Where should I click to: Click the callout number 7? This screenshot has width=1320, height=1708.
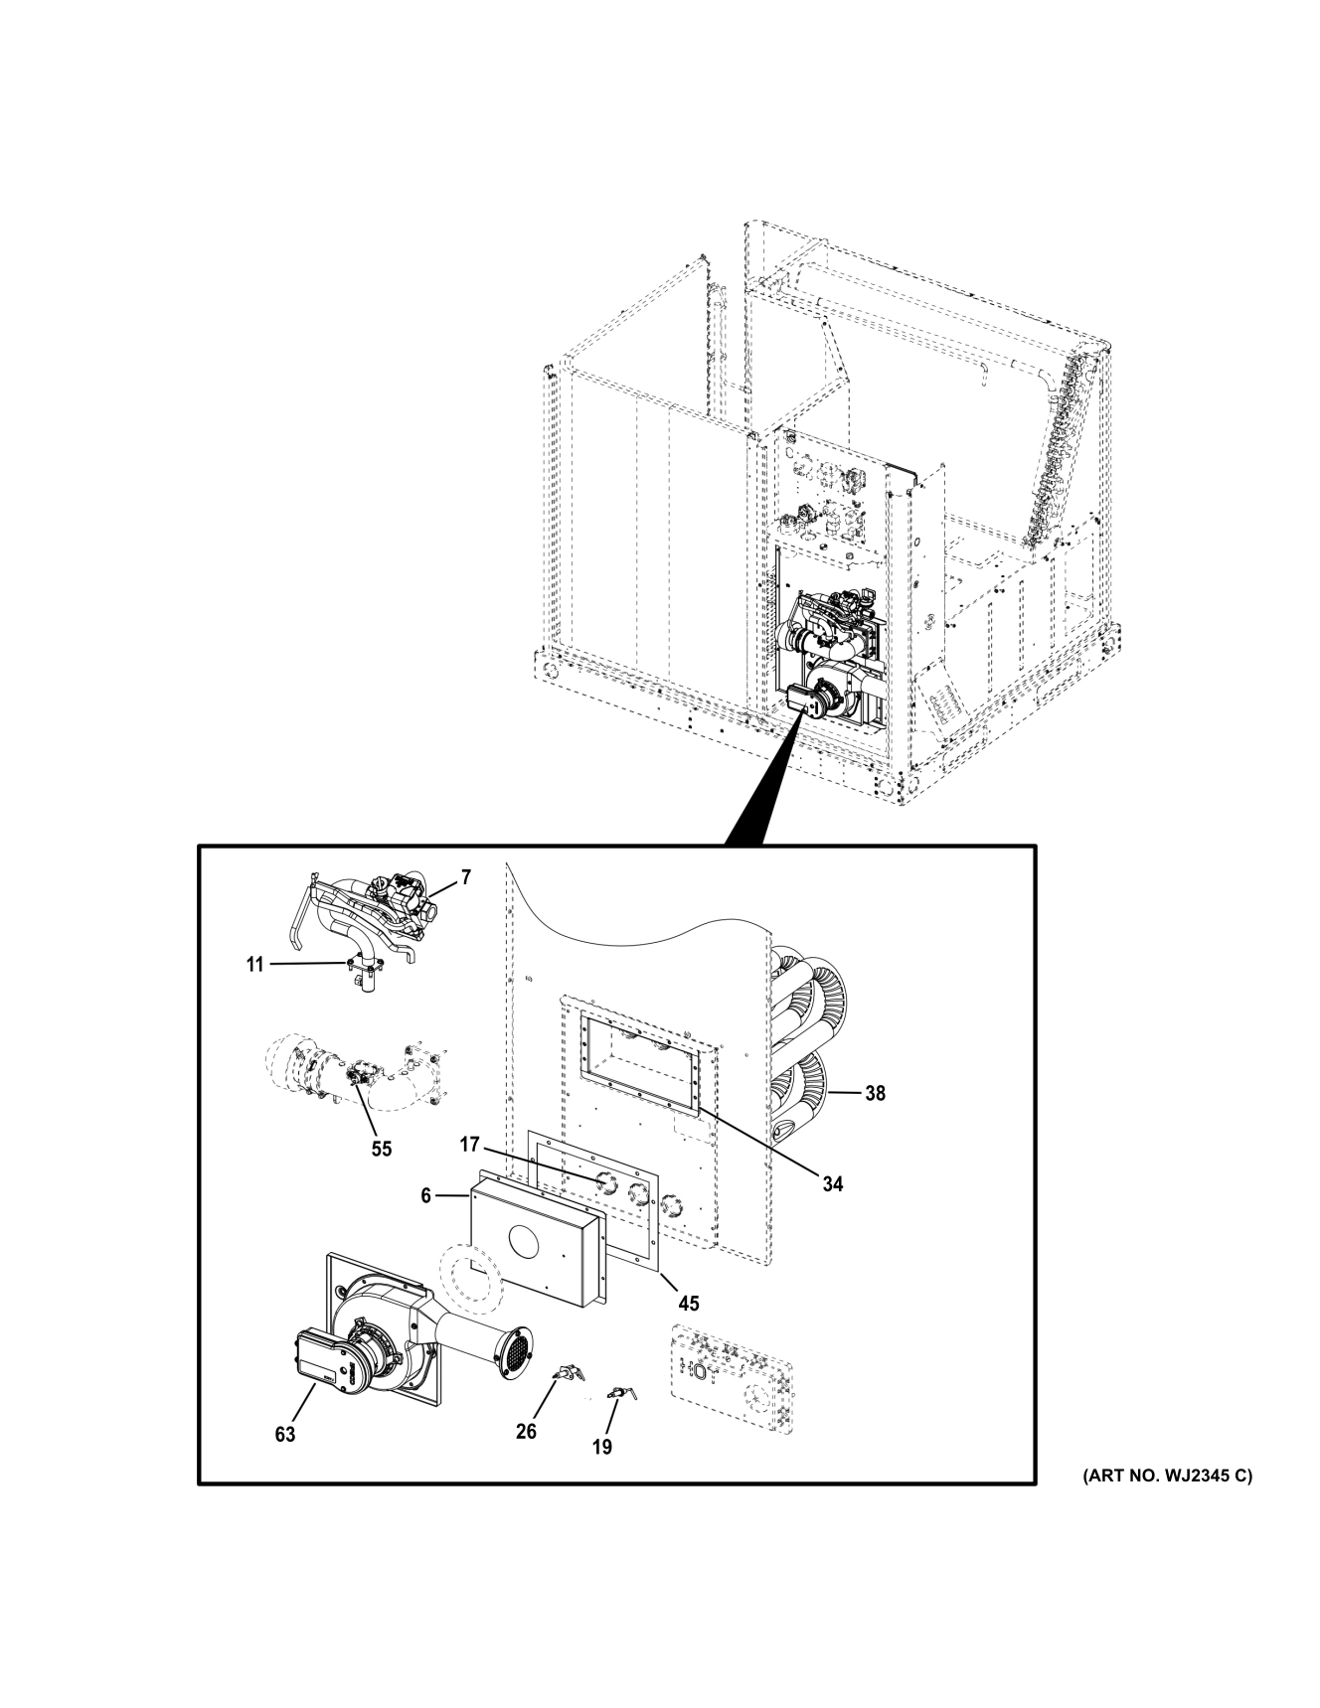click(x=465, y=877)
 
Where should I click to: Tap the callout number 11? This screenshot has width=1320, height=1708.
click(x=255, y=964)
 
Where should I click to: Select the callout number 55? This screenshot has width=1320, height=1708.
click(x=381, y=1149)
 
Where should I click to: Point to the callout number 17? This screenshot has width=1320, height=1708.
click(x=470, y=1145)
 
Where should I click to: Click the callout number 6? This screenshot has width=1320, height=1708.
click(x=425, y=1196)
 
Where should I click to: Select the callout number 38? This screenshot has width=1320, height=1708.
click(x=874, y=1093)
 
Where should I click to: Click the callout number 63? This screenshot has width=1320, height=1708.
click(x=285, y=1435)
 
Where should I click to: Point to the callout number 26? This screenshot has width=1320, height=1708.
click(x=526, y=1431)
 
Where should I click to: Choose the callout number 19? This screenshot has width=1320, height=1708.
click(x=602, y=1447)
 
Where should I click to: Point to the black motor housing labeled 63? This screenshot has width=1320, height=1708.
click(x=316, y=1357)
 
